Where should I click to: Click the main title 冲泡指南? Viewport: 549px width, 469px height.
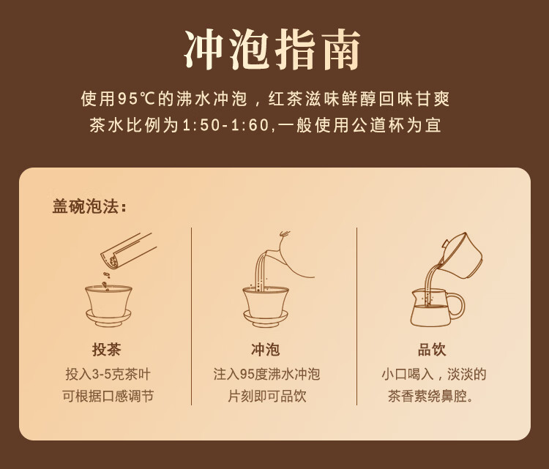pyautogui.click(x=272, y=49)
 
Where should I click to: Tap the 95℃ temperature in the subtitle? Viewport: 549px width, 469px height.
pyautogui.click(x=136, y=99)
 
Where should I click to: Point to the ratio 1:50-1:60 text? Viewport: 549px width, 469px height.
pyautogui.click(x=226, y=125)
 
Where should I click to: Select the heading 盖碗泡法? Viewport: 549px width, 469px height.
pyautogui.click(x=89, y=206)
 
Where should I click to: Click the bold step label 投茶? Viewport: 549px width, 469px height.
pyautogui.click(x=107, y=349)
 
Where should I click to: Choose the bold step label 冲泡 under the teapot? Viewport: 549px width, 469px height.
pyautogui.click(x=266, y=349)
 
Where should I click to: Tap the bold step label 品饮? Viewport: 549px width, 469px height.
pyautogui.click(x=432, y=349)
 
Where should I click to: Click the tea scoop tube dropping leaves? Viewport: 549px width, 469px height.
pyautogui.click(x=128, y=251)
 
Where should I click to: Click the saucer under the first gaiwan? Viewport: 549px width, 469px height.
pyautogui.click(x=108, y=318)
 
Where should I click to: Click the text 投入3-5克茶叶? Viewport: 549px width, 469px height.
pyautogui.click(x=108, y=374)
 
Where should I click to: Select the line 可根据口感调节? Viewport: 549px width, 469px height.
pyautogui.click(x=108, y=397)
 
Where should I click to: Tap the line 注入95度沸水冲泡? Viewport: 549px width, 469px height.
pyautogui.click(x=266, y=374)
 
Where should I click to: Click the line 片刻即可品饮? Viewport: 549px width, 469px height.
pyautogui.click(x=266, y=397)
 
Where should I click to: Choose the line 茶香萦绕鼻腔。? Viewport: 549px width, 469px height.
pyautogui.click(x=431, y=397)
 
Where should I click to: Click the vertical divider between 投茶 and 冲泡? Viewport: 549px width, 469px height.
pyautogui.click(x=192, y=316)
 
